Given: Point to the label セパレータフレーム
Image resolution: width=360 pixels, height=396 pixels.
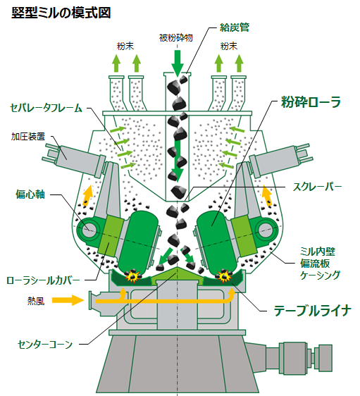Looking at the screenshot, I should coord(46,109).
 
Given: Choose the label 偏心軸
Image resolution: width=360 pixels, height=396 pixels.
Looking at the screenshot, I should coord(30,193).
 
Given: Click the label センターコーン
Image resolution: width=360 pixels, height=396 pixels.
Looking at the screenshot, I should coord(44,345).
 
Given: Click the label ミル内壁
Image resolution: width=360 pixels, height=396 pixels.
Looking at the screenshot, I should coord(315,251).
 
